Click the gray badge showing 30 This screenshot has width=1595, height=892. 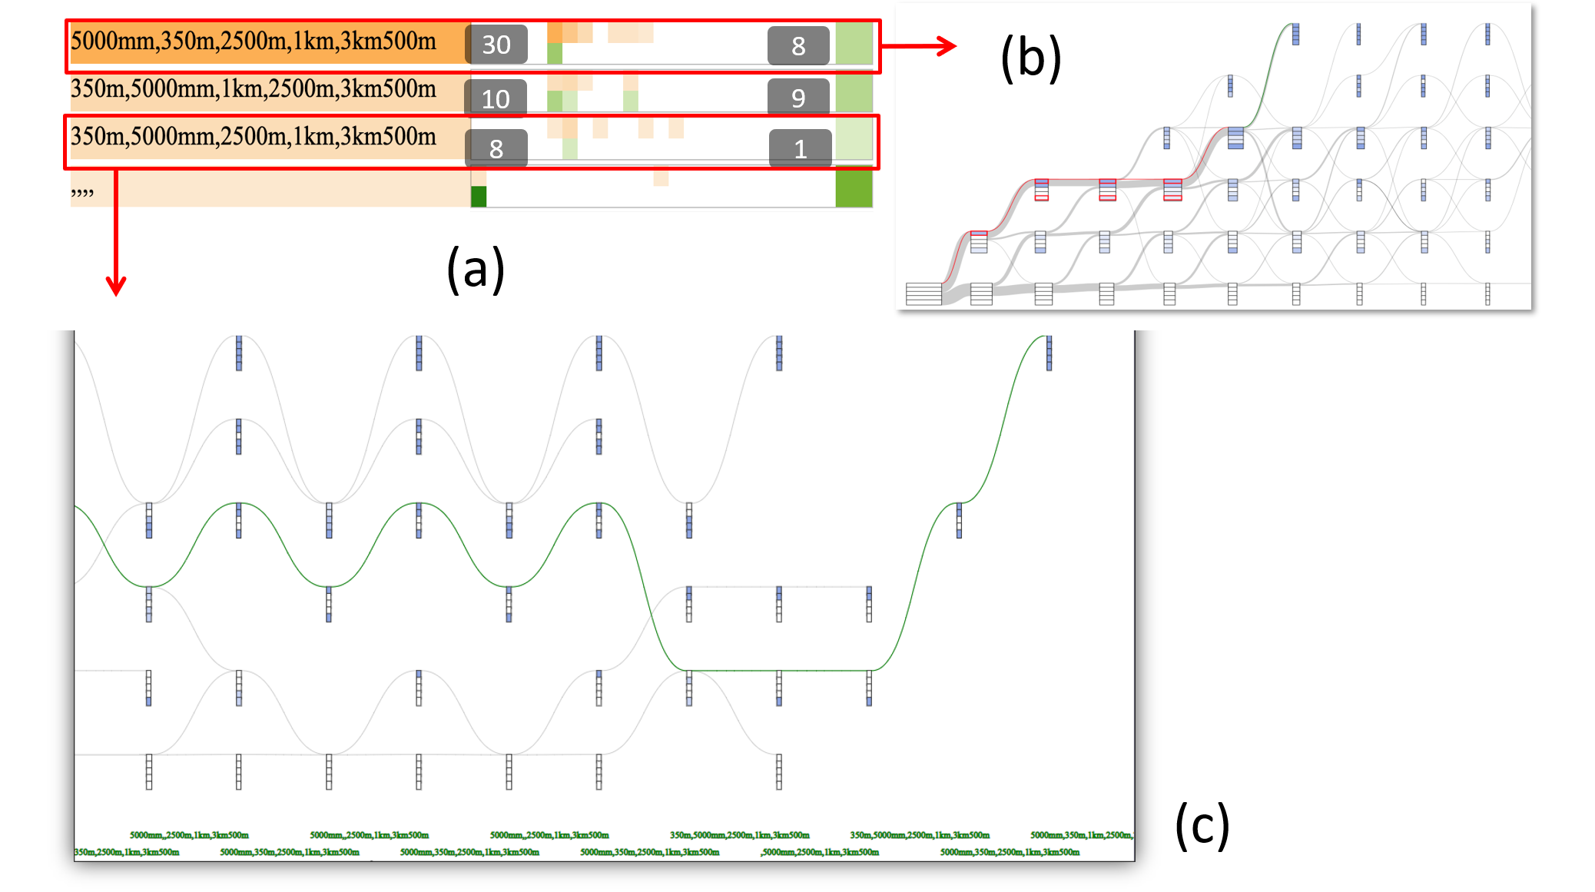tap(496, 45)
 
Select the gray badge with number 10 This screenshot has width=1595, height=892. tap(496, 98)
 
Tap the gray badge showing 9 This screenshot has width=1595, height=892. tap(798, 98)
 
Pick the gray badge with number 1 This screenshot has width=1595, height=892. tap(800, 148)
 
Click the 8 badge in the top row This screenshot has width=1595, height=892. tap(798, 45)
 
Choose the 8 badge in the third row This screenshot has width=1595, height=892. tap(496, 148)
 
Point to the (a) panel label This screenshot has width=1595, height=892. tap(476, 269)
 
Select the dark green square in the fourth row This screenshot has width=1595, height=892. tap(479, 197)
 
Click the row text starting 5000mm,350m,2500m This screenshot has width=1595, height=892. tap(254, 41)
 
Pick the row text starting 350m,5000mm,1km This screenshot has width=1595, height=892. tap(254, 89)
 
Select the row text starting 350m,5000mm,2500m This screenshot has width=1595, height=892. tap(254, 137)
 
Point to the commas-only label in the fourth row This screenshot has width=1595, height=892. tap(82, 191)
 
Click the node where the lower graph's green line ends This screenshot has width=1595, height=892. tap(1049, 353)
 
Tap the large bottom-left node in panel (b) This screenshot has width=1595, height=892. tap(924, 294)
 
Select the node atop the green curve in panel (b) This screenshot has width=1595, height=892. tap(1295, 34)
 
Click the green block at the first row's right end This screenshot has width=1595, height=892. tap(854, 44)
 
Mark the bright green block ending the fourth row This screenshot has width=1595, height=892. tap(854, 188)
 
